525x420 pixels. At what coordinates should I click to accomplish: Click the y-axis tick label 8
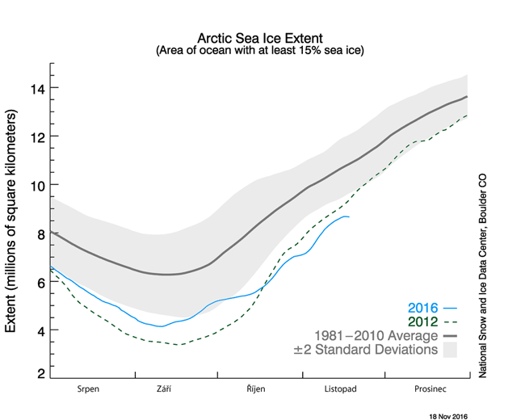pos(38,233)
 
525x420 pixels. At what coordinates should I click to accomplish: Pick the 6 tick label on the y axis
pos(38,282)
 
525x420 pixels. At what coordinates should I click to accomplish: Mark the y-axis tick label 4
pos(38,330)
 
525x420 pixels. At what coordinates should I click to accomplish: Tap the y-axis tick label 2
pos(38,375)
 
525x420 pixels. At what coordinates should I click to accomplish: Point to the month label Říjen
pos(255,388)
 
